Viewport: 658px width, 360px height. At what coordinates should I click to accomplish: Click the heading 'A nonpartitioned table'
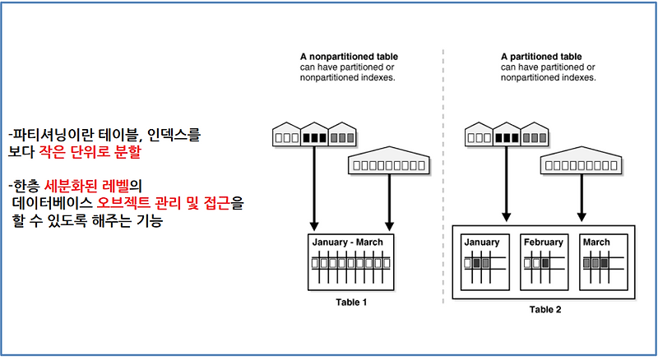click(349, 57)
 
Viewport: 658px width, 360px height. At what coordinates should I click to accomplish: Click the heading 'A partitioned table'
click(541, 57)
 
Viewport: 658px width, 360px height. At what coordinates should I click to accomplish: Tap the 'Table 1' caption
click(351, 302)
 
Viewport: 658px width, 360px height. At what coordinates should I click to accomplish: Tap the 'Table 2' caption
click(545, 310)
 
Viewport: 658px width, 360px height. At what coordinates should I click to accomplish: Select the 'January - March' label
click(347, 242)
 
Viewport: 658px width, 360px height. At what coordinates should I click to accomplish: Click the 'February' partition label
click(544, 242)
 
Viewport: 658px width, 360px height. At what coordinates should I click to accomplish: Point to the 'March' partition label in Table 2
click(596, 242)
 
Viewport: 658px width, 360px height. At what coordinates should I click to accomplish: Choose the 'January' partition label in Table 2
click(482, 242)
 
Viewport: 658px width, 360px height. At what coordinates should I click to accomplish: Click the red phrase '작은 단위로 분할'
click(90, 151)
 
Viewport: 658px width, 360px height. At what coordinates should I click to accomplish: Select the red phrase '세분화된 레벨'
click(86, 186)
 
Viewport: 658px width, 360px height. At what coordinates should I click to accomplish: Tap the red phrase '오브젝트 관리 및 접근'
click(163, 203)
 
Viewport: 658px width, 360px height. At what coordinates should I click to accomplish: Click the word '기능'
click(150, 220)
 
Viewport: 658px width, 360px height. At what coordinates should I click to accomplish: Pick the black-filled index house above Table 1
click(314, 134)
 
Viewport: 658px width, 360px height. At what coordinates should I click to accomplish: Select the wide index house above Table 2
click(581, 160)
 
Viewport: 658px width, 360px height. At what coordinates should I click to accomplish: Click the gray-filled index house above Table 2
click(535, 134)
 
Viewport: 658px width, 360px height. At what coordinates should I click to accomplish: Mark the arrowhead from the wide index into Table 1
click(389, 226)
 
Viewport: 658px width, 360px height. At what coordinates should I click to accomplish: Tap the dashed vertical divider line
click(443, 176)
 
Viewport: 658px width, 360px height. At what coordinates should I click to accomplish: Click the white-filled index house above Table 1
click(286, 134)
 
